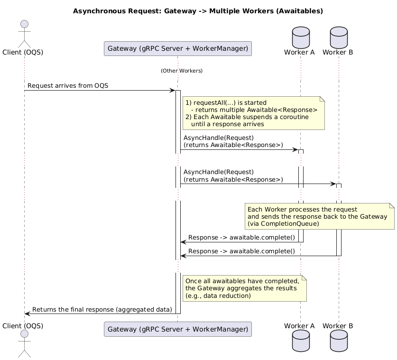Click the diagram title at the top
tap(198, 11)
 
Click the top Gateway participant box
tap(177, 48)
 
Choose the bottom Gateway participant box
tap(177, 329)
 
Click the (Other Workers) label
tap(181, 71)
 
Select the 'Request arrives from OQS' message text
tap(68, 86)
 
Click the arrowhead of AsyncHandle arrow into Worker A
tap(295, 150)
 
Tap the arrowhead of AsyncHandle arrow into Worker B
tap(333, 184)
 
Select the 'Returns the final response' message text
tap(102, 310)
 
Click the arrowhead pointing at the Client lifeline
tap(28, 314)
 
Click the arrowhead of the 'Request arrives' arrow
tap(173, 90)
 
